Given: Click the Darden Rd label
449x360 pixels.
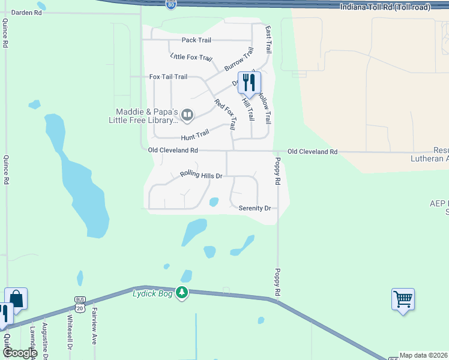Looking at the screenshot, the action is coord(27,12).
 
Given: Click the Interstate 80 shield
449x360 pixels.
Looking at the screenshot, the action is coord(171,4).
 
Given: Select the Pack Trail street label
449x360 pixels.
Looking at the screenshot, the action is coord(197,40).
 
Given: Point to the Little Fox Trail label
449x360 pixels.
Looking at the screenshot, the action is coord(191,58).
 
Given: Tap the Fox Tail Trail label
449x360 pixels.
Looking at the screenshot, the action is coord(168,77).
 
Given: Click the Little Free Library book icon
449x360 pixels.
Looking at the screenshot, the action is coord(187,115).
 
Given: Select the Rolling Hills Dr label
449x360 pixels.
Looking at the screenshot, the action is coord(201,175).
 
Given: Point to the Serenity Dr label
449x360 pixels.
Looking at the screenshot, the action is coord(255,208).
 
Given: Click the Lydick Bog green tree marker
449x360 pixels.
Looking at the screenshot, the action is coord(182,293).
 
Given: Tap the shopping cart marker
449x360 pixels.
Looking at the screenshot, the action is coord(403,299).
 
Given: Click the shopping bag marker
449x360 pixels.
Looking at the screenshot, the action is coord(16,298).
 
